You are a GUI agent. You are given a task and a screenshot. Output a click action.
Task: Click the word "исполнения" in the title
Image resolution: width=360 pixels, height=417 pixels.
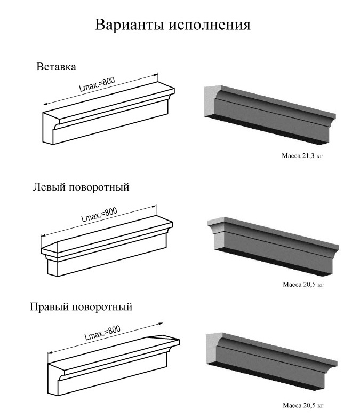(x=210, y=25)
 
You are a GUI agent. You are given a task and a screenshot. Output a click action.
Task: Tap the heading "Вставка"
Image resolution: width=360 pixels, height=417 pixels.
(x=57, y=67)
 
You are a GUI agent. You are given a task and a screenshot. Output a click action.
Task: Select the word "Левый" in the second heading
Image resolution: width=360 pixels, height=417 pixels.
(x=49, y=187)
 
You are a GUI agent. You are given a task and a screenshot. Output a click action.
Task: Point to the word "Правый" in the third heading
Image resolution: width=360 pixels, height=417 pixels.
(x=49, y=307)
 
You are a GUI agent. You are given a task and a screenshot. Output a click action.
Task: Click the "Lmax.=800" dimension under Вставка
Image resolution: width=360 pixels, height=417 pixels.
(x=97, y=84)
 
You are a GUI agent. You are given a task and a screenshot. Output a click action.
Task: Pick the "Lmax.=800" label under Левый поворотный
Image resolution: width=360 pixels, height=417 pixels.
(x=99, y=214)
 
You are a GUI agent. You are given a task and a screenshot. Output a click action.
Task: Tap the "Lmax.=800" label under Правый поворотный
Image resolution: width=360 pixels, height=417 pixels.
(x=102, y=333)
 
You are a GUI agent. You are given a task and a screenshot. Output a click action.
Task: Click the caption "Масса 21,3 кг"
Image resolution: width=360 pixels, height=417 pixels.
(x=302, y=155)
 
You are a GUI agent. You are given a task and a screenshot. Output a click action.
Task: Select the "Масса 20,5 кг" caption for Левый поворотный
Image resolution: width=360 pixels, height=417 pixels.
(x=303, y=284)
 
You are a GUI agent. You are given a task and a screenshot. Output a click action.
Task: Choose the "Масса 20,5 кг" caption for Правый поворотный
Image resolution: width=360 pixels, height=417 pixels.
(x=303, y=405)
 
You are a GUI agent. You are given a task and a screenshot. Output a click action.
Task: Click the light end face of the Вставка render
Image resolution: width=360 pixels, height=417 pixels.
(x=212, y=100)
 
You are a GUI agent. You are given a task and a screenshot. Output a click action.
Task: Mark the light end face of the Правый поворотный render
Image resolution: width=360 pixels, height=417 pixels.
(x=213, y=348)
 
